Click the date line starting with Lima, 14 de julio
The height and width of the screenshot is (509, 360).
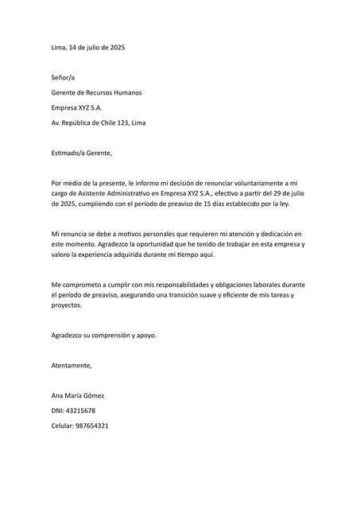tap(87, 48)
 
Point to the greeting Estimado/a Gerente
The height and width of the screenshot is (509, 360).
tap(82, 153)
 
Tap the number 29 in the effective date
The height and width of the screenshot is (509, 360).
tap(265, 193)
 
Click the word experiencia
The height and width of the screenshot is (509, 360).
tap(110, 256)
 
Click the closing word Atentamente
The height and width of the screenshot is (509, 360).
tap(71, 365)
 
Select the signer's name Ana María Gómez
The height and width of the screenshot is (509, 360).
tap(77, 395)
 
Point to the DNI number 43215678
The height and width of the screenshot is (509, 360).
tap(80, 410)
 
